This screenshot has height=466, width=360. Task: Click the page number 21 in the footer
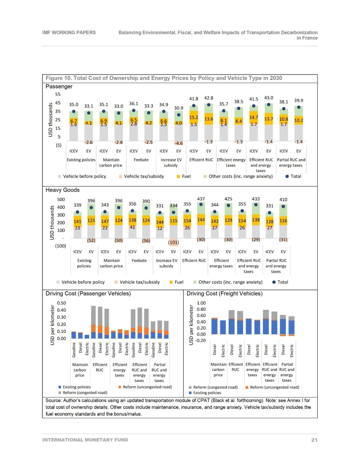coord(314,440)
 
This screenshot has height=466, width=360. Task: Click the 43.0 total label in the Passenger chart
coord(269,98)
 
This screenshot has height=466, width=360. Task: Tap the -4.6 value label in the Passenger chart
coord(179,143)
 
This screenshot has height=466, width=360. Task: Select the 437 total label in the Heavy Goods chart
coord(201,198)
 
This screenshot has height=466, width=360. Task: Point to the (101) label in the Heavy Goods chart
coord(173,243)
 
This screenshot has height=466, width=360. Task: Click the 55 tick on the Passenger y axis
coord(58,94)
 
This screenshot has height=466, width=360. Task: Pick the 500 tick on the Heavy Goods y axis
coord(61,199)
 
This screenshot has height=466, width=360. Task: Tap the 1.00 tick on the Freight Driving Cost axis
coord(201,303)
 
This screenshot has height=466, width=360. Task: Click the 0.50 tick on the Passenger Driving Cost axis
coord(61,303)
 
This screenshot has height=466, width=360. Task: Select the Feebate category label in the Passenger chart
coord(141,160)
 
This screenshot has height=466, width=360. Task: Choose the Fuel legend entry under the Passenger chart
coord(186,176)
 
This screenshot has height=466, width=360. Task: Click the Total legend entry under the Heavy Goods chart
coord(283,282)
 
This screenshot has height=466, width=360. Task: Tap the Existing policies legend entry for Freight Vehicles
coord(207,393)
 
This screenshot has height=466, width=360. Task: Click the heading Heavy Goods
coord(63,190)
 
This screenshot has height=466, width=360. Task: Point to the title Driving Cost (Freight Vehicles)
coord(224,294)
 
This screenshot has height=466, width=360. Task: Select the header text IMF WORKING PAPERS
coord(69,32)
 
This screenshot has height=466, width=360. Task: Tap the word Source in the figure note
coord(53,400)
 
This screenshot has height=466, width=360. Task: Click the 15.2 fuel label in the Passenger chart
coord(194,117)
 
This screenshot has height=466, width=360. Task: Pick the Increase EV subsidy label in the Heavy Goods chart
coord(166,263)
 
